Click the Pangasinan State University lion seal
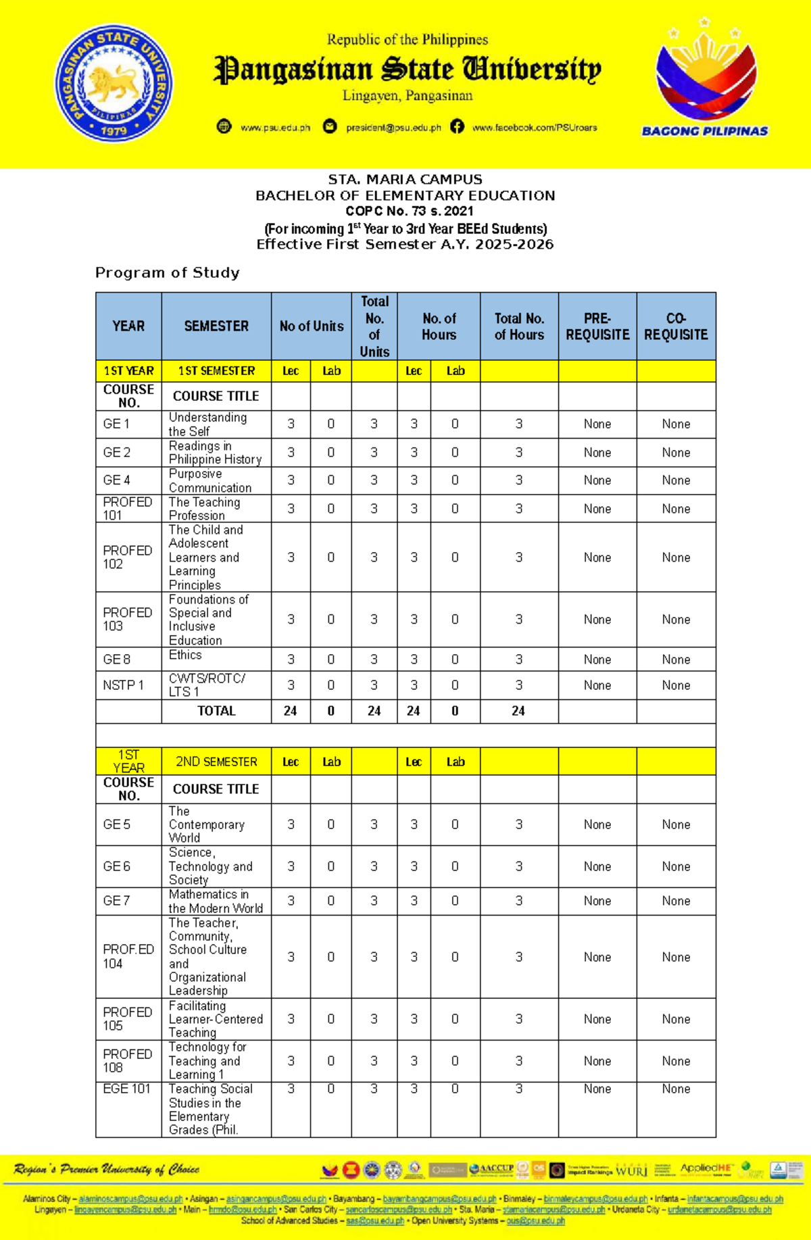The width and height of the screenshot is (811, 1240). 114,84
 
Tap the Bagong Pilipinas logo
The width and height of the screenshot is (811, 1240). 705,80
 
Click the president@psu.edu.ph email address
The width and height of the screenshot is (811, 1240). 393,128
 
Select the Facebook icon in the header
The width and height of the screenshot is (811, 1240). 458,126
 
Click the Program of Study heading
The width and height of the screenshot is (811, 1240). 167,272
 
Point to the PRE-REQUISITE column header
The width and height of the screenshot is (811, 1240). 597,326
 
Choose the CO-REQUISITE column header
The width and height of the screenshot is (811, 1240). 676,326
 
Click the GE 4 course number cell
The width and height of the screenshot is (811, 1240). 117,480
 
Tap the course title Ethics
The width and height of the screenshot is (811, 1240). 185,655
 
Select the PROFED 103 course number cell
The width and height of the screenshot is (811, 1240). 127,619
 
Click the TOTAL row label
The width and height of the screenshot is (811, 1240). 216,711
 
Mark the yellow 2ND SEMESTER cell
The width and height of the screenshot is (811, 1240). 216,762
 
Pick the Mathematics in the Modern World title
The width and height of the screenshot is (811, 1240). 216,901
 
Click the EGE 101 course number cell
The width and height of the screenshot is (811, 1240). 126,1089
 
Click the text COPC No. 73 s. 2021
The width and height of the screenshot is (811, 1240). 410,211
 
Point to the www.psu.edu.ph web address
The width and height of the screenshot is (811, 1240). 275,128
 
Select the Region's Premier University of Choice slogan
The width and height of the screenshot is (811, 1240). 106,1169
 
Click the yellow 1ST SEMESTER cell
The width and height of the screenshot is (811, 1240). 216,371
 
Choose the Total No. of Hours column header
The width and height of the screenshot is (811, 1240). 519,326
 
